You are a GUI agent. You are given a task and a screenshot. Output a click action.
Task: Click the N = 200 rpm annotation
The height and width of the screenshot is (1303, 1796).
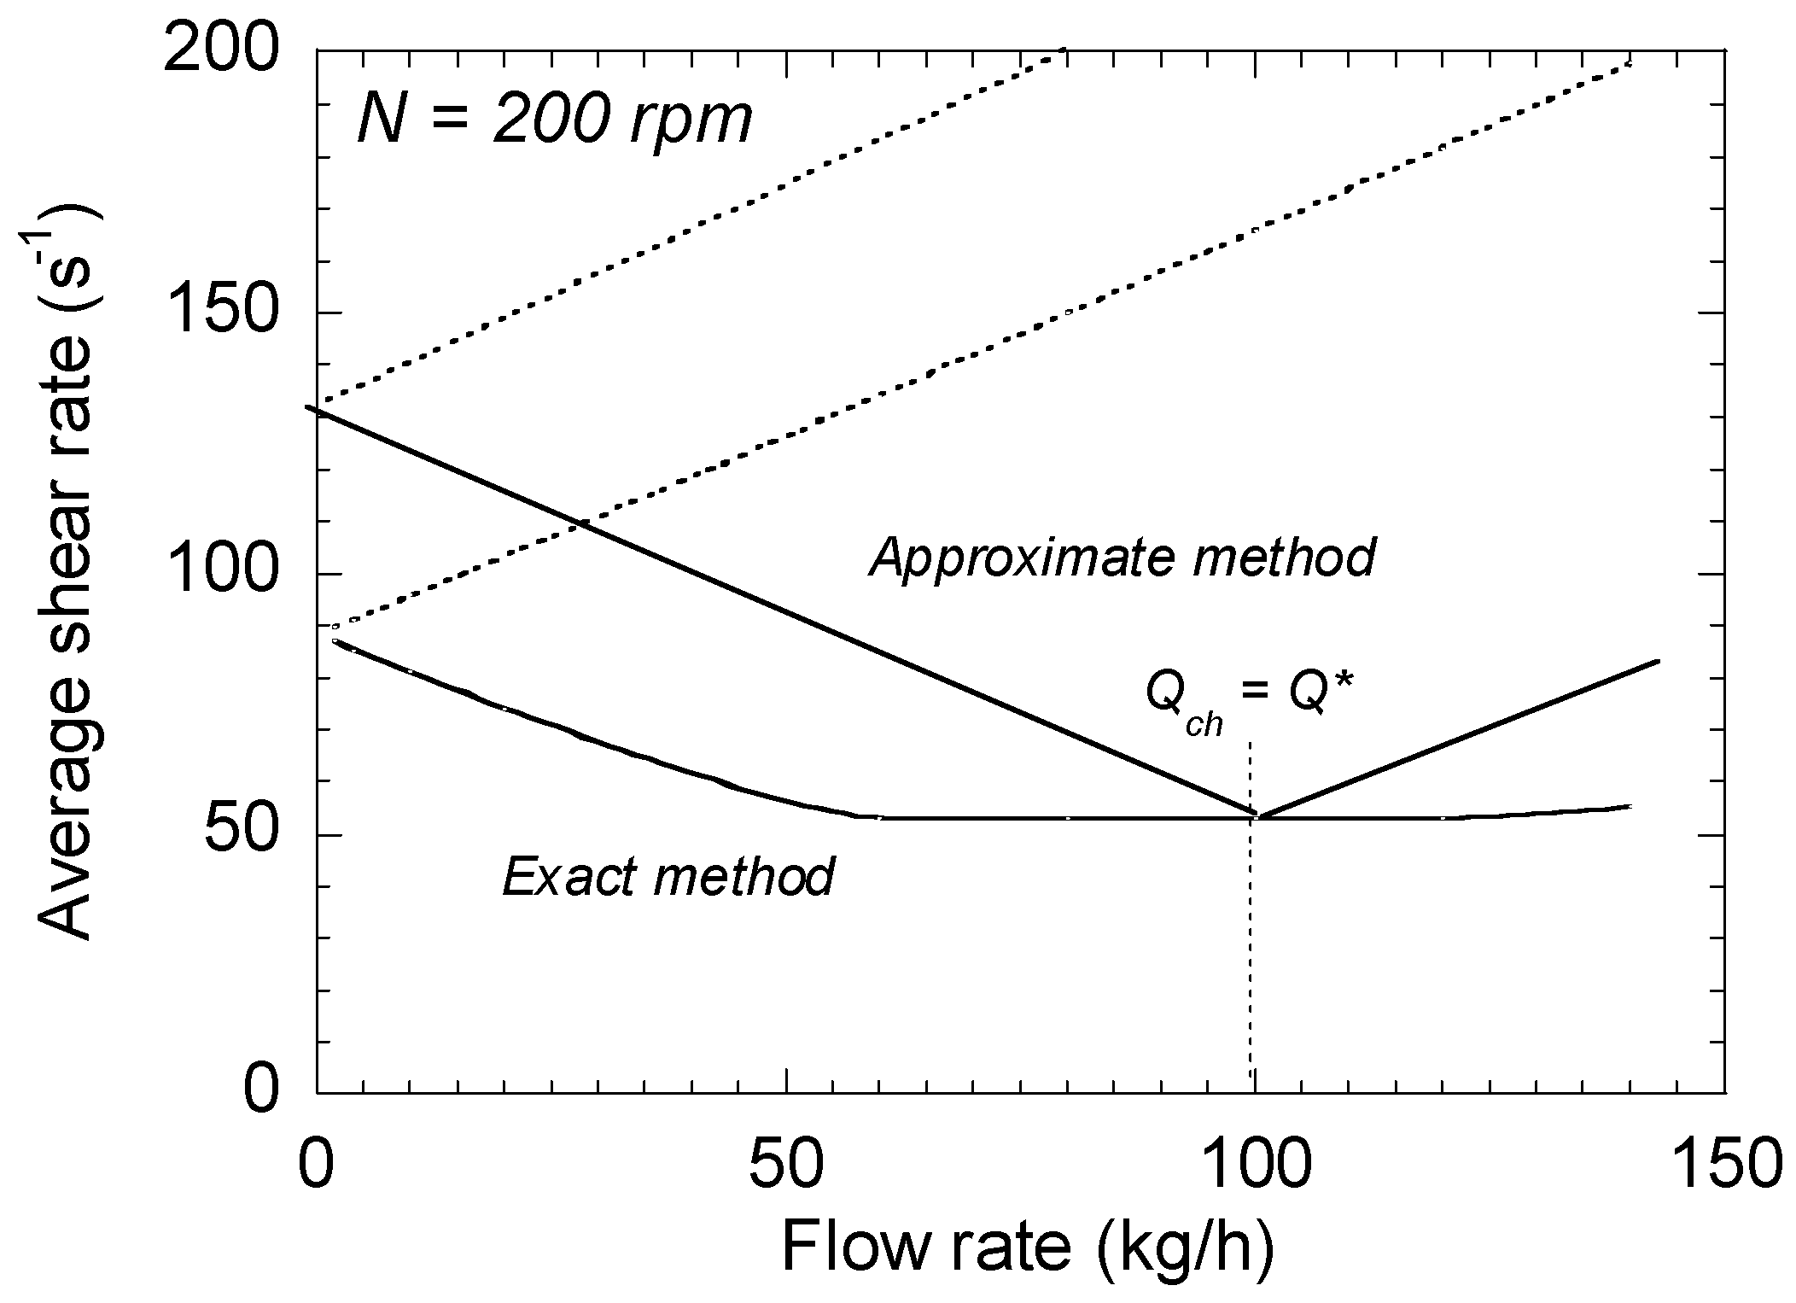point(555,120)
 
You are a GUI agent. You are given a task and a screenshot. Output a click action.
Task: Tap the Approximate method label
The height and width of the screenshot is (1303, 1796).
point(1122,558)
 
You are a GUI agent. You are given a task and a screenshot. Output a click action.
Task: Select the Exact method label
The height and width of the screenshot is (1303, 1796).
point(668,877)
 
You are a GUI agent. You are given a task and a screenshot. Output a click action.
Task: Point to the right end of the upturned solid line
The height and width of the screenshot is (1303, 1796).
point(1657,661)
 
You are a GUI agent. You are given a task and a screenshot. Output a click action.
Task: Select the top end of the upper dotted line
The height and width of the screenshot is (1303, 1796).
point(1063,50)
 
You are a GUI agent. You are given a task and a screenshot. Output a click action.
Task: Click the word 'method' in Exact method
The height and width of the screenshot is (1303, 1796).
point(743,877)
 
